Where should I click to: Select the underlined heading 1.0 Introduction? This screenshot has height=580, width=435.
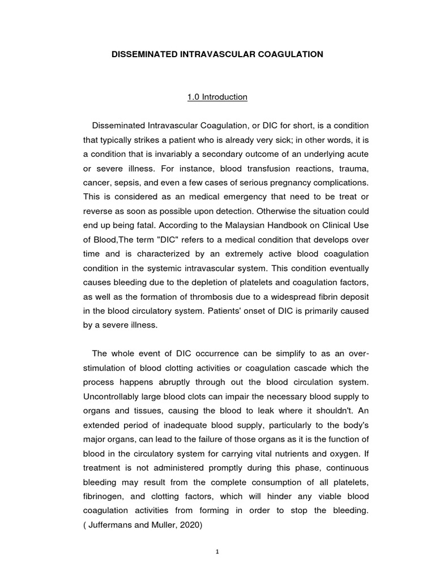pyautogui.click(x=217, y=97)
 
